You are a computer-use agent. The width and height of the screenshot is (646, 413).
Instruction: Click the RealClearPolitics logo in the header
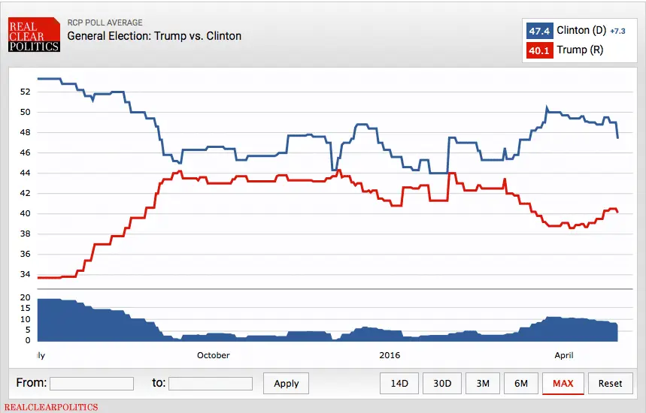[34, 36]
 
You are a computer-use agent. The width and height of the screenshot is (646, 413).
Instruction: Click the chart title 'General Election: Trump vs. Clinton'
[154, 36]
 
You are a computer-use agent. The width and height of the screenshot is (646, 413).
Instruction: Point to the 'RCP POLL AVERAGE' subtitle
[105, 23]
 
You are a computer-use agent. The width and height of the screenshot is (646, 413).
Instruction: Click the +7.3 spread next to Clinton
[618, 32]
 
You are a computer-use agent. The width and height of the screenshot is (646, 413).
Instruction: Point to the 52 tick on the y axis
[25, 92]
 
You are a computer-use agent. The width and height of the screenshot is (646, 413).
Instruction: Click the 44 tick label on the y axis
[25, 173]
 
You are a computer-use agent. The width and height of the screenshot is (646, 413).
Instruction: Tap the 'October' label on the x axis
[213, 355]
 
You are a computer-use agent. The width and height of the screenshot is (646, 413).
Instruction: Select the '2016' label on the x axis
[390, 355]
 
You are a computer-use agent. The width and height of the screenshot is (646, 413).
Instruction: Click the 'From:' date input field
[92, 384]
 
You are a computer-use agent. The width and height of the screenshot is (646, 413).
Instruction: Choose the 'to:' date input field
[211, 384]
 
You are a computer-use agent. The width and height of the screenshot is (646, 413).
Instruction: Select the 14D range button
[399, 383]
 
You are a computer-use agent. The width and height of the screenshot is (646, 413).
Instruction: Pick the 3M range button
[483, 383]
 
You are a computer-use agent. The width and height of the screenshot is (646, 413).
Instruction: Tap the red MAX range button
[563, 383]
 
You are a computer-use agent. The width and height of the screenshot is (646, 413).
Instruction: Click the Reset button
[610, 383]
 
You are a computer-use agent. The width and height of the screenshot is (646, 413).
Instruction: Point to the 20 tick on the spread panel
[25, 298]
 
